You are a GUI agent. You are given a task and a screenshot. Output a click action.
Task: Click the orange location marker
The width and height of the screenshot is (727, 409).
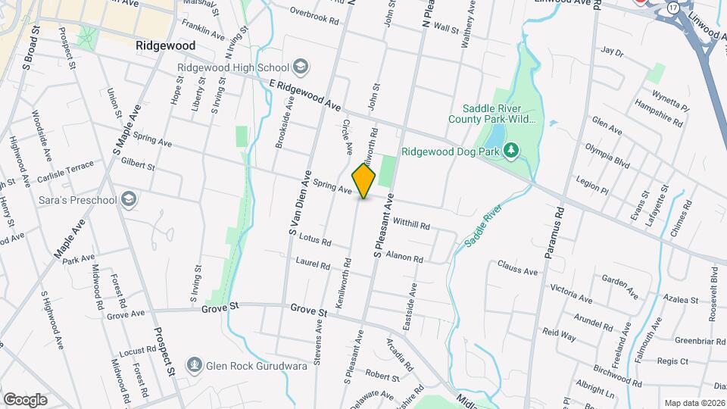[x=363, y=180]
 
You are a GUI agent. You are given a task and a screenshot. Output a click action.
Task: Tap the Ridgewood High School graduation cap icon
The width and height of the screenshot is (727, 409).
[x=300, y=67]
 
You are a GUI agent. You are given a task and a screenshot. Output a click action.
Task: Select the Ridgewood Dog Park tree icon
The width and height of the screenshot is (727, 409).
[x=511, y=151]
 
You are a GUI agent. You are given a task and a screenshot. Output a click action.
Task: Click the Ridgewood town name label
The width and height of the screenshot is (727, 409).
[x=165, y=45]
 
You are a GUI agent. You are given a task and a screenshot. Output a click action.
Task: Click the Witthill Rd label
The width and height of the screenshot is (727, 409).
[x=412, y=224]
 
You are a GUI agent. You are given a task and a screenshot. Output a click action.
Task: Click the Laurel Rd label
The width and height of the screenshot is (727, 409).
[x=314, y=265]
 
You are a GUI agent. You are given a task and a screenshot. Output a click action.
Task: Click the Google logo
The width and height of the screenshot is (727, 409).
[x=25, y=399]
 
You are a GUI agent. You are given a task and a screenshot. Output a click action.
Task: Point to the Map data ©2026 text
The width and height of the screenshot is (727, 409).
[x=694, y=403]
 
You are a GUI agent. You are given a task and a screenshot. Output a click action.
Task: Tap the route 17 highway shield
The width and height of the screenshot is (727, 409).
[x=673, y=7]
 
